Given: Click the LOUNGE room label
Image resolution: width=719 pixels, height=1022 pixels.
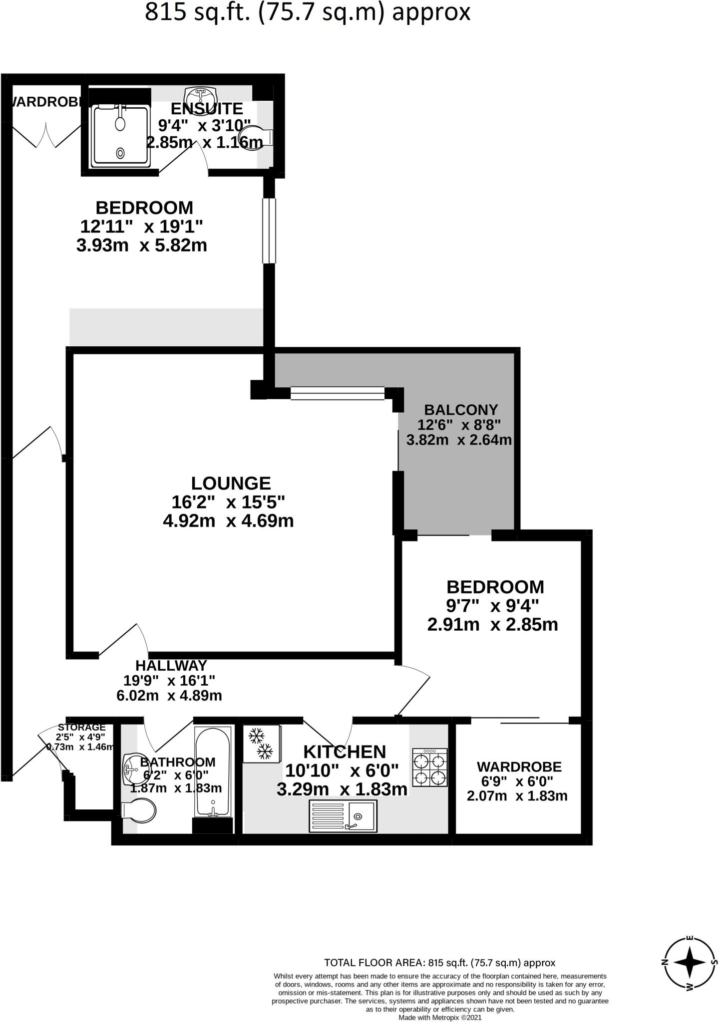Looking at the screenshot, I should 231,483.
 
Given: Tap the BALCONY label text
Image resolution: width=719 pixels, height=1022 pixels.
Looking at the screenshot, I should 461,410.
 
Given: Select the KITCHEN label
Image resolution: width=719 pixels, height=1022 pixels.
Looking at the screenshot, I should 345,752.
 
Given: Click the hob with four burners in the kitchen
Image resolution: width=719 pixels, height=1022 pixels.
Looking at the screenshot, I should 429,767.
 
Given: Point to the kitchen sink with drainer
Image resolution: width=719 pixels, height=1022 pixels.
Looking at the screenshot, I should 344,816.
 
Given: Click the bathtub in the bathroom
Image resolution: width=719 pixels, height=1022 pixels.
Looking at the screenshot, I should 213,771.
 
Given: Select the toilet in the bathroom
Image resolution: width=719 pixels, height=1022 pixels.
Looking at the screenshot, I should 139,812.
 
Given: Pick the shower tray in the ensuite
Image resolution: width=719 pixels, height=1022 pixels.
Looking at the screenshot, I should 120,135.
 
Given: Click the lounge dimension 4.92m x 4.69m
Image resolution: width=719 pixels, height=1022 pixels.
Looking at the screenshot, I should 228,521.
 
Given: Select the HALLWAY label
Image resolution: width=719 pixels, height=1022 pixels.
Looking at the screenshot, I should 171,665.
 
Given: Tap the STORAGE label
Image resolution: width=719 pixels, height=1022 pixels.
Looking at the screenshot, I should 82,727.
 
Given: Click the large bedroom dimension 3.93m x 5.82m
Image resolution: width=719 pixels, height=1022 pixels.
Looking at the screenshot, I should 142,246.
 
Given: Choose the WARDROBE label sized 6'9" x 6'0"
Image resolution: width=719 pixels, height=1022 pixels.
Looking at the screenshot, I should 519,766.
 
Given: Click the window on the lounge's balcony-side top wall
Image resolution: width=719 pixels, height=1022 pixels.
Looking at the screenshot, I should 338,393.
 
